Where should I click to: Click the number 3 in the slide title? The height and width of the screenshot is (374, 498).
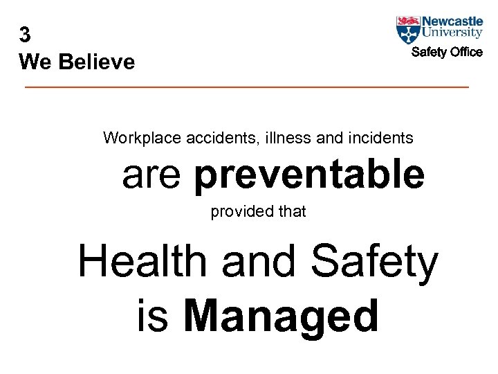point(26,35)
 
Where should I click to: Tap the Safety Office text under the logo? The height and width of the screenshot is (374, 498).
point(447,53)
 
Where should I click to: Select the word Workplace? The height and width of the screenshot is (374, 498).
point(142,138)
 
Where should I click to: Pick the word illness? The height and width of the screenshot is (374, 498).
point(288,138)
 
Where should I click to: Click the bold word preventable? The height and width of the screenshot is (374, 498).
point(309,175)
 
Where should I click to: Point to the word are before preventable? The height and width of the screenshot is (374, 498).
point(151,177)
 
